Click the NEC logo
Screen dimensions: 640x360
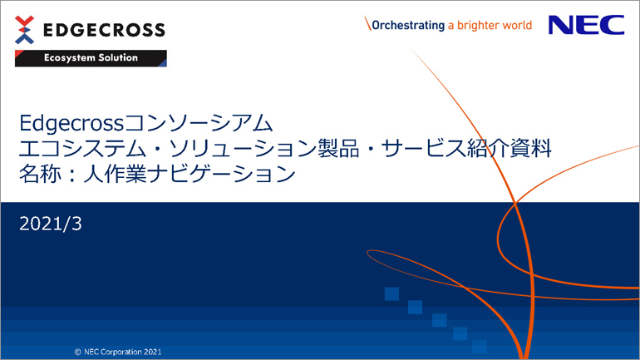[x=587, y=25]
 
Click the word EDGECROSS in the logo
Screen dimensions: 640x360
[x=104, y=30]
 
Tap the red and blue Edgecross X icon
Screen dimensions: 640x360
[x=24, y=30]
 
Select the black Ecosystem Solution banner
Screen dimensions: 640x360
[x=91, y=58]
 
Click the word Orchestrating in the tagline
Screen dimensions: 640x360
[x=408, y=25]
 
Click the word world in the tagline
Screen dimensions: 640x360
[x=517, y=25]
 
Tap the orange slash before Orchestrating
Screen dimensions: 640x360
[x=367, y=23]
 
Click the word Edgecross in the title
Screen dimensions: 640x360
[x=71, y=123]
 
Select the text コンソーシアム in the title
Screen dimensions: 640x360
[x=199, y=123]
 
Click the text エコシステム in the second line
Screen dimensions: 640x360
[x=82, y=149]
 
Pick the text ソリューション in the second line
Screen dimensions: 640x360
[x=243, y=149]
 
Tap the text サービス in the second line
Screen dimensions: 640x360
[x=424, y=149]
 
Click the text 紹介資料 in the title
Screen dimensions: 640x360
[x=509, y=149]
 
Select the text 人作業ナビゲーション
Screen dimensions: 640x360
[x=190, y=174]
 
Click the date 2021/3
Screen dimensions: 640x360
[x=51, y=224]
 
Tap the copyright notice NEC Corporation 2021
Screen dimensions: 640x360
[x=118, y=352]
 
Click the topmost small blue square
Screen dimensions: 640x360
[x=391, y=293]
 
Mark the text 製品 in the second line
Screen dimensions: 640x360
[x=338, y=149]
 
